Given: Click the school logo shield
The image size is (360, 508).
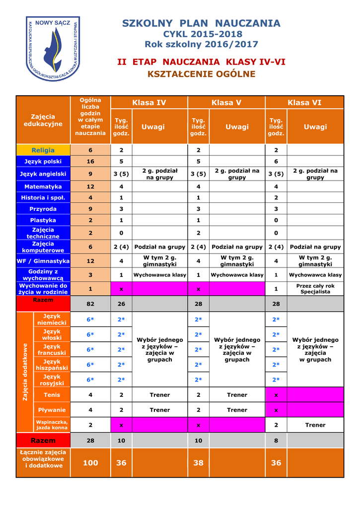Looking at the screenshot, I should coord(53,49).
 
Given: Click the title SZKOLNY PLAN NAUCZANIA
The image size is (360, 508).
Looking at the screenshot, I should coord(201,23).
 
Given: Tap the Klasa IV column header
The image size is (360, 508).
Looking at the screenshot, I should coord(149,103).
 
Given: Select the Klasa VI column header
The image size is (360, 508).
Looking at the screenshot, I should coord(304,103).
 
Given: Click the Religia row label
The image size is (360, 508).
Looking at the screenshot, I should coord(43,150).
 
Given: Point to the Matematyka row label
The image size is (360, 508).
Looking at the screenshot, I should coord(43,187).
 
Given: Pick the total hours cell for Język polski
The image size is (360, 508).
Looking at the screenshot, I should coord(90,162).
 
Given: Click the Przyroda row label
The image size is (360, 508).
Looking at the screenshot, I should coord(43,209).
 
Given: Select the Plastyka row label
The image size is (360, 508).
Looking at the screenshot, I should coord(43,220).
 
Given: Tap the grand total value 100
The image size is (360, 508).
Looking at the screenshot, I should coord(90,463).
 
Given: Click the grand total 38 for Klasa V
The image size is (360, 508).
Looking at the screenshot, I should coord(199,463).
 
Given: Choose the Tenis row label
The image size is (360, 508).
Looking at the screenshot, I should coord(52,395).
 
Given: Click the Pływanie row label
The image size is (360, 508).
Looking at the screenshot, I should coord(52,410).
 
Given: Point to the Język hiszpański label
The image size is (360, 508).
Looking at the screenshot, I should coord(52,365).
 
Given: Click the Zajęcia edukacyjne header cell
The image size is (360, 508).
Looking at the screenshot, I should coord(43,120).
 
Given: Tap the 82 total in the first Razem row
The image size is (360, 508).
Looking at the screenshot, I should coord(90,303).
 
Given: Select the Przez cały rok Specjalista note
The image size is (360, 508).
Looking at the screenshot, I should coord(315,289).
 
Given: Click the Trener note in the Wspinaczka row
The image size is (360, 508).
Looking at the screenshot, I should coord(315,425).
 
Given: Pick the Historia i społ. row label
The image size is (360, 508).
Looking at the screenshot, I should coord(43,198).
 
